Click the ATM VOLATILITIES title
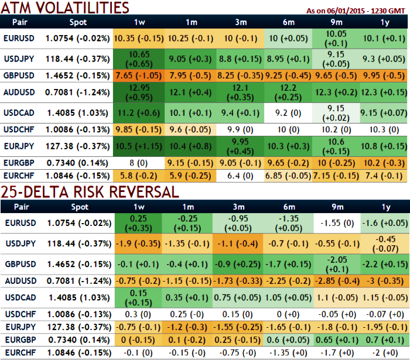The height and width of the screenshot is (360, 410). click(64, 8)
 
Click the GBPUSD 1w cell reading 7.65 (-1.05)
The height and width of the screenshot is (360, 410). click(139, 76)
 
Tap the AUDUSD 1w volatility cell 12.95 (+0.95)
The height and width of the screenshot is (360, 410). click(139, 92)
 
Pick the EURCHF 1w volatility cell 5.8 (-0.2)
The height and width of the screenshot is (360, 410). click(139, 174)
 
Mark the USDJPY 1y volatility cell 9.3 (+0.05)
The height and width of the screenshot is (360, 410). click(385, 59)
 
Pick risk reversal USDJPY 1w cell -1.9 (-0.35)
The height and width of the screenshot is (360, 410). click(139, 243)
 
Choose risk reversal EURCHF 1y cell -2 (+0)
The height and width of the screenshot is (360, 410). click(385, 353)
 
